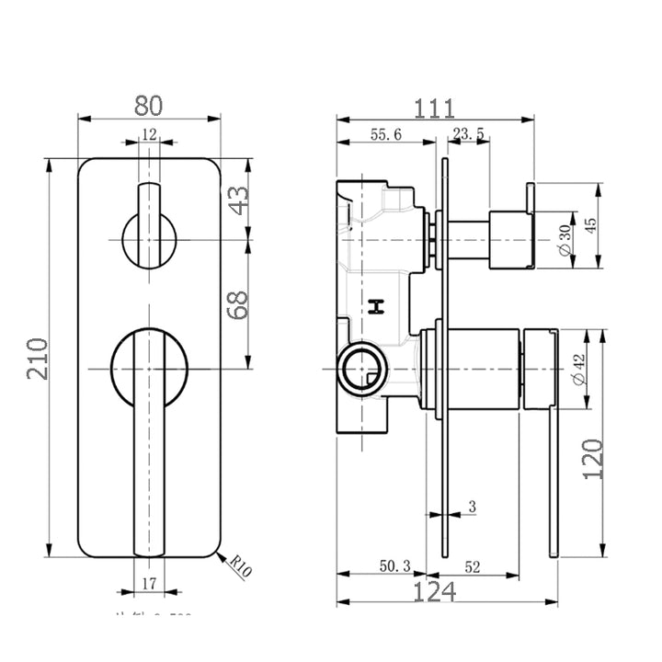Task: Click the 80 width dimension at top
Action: click(x=150, y=105)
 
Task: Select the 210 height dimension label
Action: click(x=37, y=360)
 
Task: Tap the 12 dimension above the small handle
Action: click(x=149, y=134)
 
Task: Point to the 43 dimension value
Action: click(x=238, y=200)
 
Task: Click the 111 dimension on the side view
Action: click(x=435, y=108)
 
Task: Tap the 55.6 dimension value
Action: click(x=385, y=134)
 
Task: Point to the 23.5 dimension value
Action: click(x=469, y=134)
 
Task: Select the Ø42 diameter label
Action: click(x=577, y=368)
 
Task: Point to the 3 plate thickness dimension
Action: click(x=471, y=507)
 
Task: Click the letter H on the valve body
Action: click(x=375, y=307)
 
